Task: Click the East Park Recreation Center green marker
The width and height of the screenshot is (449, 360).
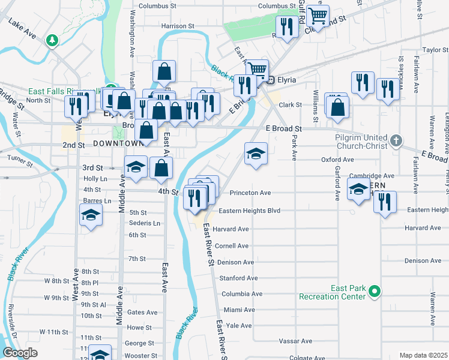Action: [x=375, y=292]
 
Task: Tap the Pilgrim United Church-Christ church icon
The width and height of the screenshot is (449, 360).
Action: [x=395, y=141]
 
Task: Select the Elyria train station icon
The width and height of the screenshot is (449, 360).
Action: [x=271, y=80]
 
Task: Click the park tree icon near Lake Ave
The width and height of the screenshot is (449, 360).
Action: [x=53, y=40]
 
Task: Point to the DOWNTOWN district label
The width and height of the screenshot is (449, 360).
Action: [x=118, y=143]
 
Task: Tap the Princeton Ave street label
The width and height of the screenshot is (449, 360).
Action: [x=251, y=193]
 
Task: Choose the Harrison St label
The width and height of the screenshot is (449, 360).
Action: [x=178, y=26]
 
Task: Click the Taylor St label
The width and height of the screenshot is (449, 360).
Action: [x=436, y=50]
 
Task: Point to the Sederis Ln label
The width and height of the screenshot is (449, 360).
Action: [x=144, y=223]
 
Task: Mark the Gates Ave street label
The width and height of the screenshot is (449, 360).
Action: [x=142, y=312]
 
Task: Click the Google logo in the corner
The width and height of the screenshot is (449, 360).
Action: [x=20, y=353]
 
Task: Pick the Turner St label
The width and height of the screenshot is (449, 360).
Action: [x=18, y=157]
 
